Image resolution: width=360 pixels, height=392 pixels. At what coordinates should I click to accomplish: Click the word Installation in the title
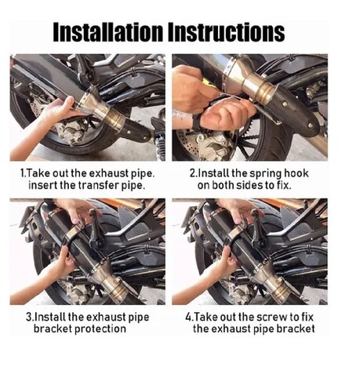coord(108,32)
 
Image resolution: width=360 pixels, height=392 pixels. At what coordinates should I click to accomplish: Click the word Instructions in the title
coord(226,32)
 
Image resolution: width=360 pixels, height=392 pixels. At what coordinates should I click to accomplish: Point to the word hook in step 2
coord(296,173)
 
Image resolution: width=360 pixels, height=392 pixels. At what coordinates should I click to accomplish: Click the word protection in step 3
coord(100,329)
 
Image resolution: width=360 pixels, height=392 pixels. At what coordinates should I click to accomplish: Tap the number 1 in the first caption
coord(22,173)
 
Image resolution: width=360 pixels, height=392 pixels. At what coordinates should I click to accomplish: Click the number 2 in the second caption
coord(192,173)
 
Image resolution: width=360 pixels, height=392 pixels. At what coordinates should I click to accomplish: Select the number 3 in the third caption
coord(29,317)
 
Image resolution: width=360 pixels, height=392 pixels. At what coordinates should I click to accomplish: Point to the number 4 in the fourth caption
coord(188,317)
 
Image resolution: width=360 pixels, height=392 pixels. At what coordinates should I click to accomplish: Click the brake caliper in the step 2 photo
coord(213,147)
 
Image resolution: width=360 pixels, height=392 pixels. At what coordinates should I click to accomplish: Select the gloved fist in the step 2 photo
coord(226,115)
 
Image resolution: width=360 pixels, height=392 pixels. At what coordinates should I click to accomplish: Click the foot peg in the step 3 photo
coord(95,228)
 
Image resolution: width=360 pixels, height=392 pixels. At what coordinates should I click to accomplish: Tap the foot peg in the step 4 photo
coord(257,228)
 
